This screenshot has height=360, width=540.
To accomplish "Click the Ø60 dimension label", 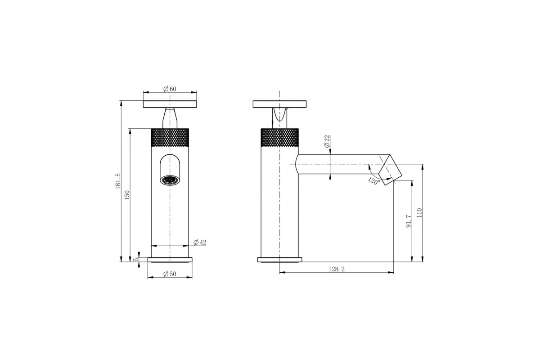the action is tap(170, 89).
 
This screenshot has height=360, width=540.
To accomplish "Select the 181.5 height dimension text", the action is tap(118, 181).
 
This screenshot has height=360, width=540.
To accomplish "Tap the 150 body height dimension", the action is tap(127, 195).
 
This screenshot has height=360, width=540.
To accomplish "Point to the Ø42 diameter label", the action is tap(200, 242).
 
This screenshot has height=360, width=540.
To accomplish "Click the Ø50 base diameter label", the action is tap(170, 274).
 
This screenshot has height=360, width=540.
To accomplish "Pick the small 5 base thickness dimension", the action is tap(136, 260).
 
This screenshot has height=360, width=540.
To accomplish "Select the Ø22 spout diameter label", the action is tap(327, 142).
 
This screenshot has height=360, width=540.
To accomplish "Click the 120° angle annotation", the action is tap(374, 180).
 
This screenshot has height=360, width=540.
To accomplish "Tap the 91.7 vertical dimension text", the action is tap(409, 221).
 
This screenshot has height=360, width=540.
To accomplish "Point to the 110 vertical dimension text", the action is tap(419, 213).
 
